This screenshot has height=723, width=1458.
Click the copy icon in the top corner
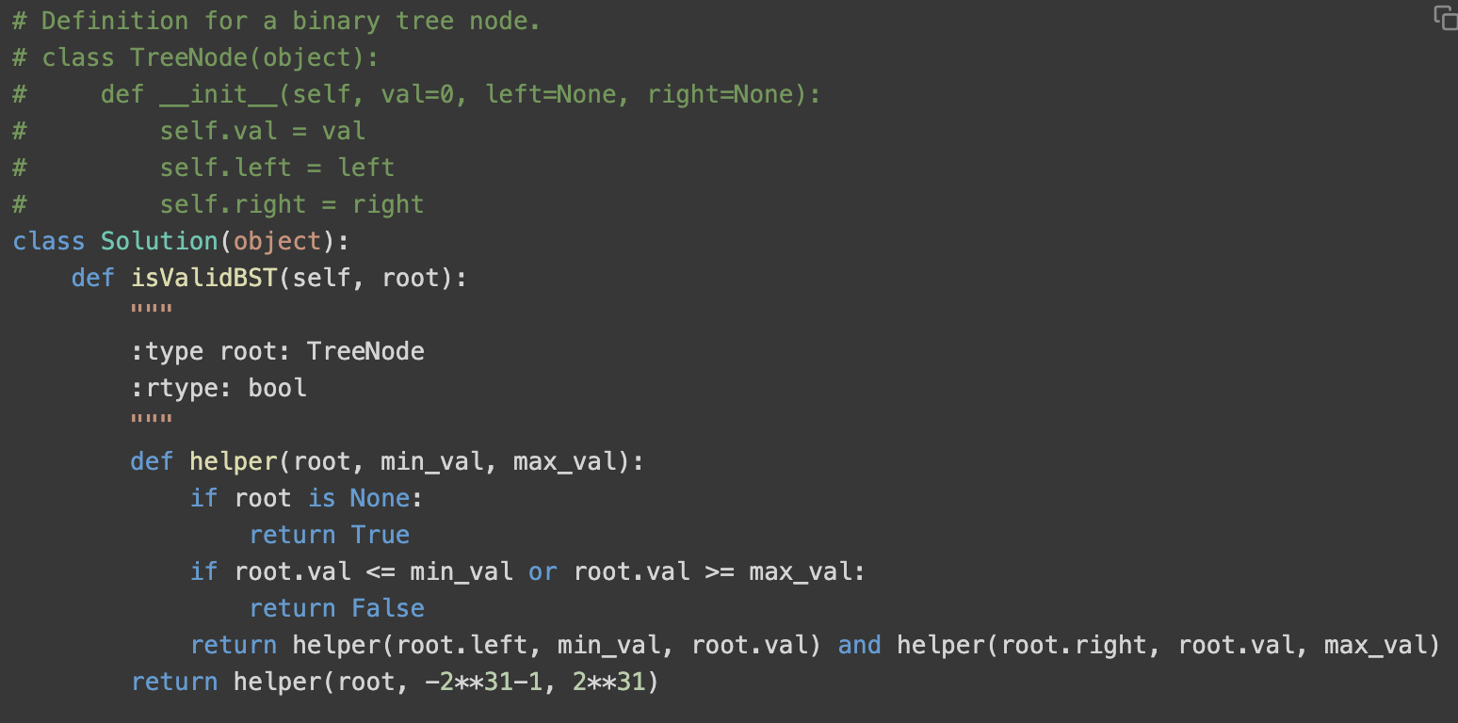pos(1445,18)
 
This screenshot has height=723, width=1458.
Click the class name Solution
pos(159,241)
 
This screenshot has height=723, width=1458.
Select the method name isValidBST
pos(204,278)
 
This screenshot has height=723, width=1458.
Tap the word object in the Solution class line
pos(277,241)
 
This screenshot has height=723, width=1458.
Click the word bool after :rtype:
pos(277,388)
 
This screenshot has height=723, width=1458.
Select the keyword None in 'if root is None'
pos(381,498)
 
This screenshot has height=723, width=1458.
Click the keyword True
pos(381,535)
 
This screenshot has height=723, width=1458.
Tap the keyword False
pos(387,608)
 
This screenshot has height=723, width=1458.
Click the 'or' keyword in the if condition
pos(543,571)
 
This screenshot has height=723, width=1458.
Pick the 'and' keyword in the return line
pos(859,645)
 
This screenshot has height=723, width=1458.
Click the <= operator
pos(381,571)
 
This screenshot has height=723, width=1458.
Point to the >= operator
pos(720,571)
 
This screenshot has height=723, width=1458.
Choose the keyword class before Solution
pos(49,241)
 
